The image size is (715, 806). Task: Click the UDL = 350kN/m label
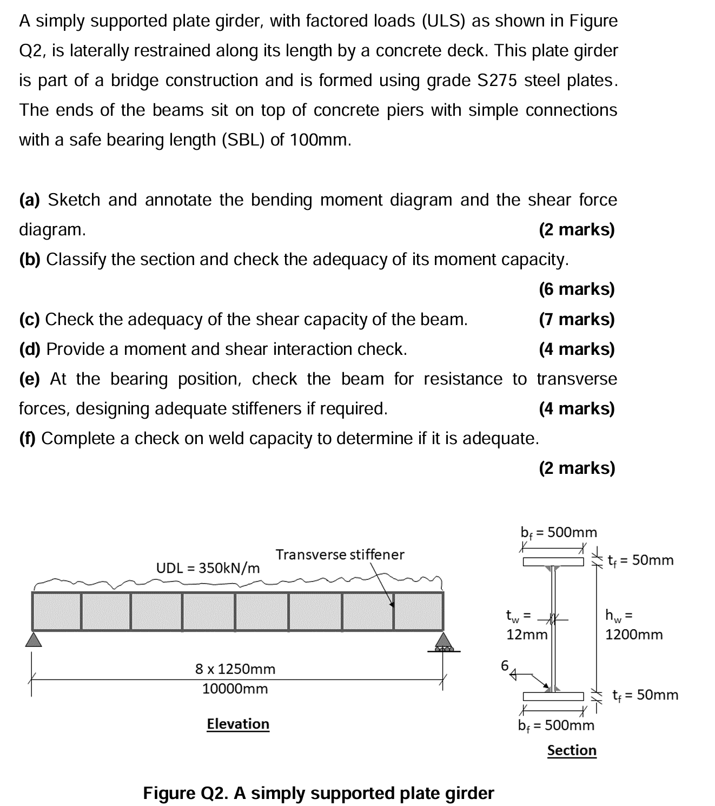208,568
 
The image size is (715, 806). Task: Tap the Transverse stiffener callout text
340,554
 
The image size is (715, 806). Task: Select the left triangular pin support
34,640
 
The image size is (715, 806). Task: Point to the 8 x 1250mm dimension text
235,669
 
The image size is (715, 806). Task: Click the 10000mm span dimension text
235,689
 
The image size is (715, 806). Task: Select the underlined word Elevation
238,724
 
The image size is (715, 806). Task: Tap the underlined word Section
572,750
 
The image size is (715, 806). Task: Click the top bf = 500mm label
559,532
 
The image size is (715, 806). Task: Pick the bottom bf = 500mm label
556,725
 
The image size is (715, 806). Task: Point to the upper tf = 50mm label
641,560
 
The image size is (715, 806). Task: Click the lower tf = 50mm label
645,695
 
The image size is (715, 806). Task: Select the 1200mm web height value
634,635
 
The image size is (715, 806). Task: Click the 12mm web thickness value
527,635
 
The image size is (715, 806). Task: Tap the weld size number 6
505,665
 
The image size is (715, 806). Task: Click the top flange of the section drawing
553,561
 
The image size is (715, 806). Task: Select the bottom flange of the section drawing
553,696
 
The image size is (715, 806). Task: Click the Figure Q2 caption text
319,793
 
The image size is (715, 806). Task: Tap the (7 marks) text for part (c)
577,319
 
